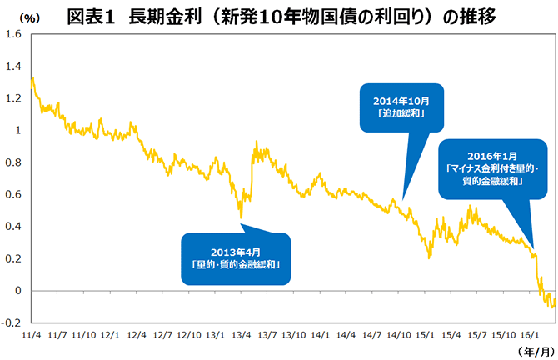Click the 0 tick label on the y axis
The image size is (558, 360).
tap(17, 291)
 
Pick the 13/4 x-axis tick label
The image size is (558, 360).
tap(242, 335)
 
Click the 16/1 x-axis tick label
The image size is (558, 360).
tap(527, 335)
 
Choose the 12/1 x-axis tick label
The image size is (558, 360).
tap(110, 335)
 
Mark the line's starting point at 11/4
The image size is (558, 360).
tap(32, 78)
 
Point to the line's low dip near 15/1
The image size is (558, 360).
tap(428, 257)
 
